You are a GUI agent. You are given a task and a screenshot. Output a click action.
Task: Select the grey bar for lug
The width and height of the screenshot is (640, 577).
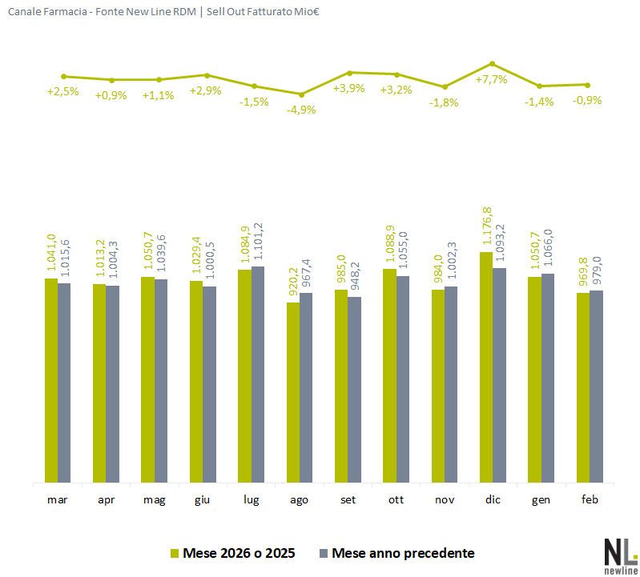258,375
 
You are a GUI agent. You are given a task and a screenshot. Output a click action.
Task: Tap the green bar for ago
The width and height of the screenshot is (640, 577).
293,393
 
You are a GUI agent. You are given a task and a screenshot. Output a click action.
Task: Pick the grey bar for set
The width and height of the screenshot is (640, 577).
354,390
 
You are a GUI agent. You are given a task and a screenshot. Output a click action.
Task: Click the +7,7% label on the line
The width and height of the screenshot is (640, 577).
491,80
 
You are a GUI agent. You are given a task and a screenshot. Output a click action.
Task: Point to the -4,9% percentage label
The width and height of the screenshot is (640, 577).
301,110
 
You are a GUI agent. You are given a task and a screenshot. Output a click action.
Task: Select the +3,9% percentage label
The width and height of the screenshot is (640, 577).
349,88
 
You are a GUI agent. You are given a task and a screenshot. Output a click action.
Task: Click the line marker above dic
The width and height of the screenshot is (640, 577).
493,63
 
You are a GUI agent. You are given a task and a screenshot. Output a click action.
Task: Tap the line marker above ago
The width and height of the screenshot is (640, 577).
301,94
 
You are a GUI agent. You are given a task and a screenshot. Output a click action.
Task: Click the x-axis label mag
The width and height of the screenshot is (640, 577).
155,500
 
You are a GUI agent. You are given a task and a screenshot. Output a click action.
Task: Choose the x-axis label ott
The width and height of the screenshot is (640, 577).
396,500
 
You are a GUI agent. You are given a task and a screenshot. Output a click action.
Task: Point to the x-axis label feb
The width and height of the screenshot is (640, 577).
590,500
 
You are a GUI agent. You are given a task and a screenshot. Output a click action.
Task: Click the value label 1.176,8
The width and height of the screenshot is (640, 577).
486,228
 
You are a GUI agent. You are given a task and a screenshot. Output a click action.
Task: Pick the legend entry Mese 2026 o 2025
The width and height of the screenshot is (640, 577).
233,553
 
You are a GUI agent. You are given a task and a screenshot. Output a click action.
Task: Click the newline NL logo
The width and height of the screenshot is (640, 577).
620,554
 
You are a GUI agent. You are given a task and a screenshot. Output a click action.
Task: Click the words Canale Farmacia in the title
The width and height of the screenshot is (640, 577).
43,14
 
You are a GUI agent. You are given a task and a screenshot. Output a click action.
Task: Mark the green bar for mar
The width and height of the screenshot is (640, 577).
50,381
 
